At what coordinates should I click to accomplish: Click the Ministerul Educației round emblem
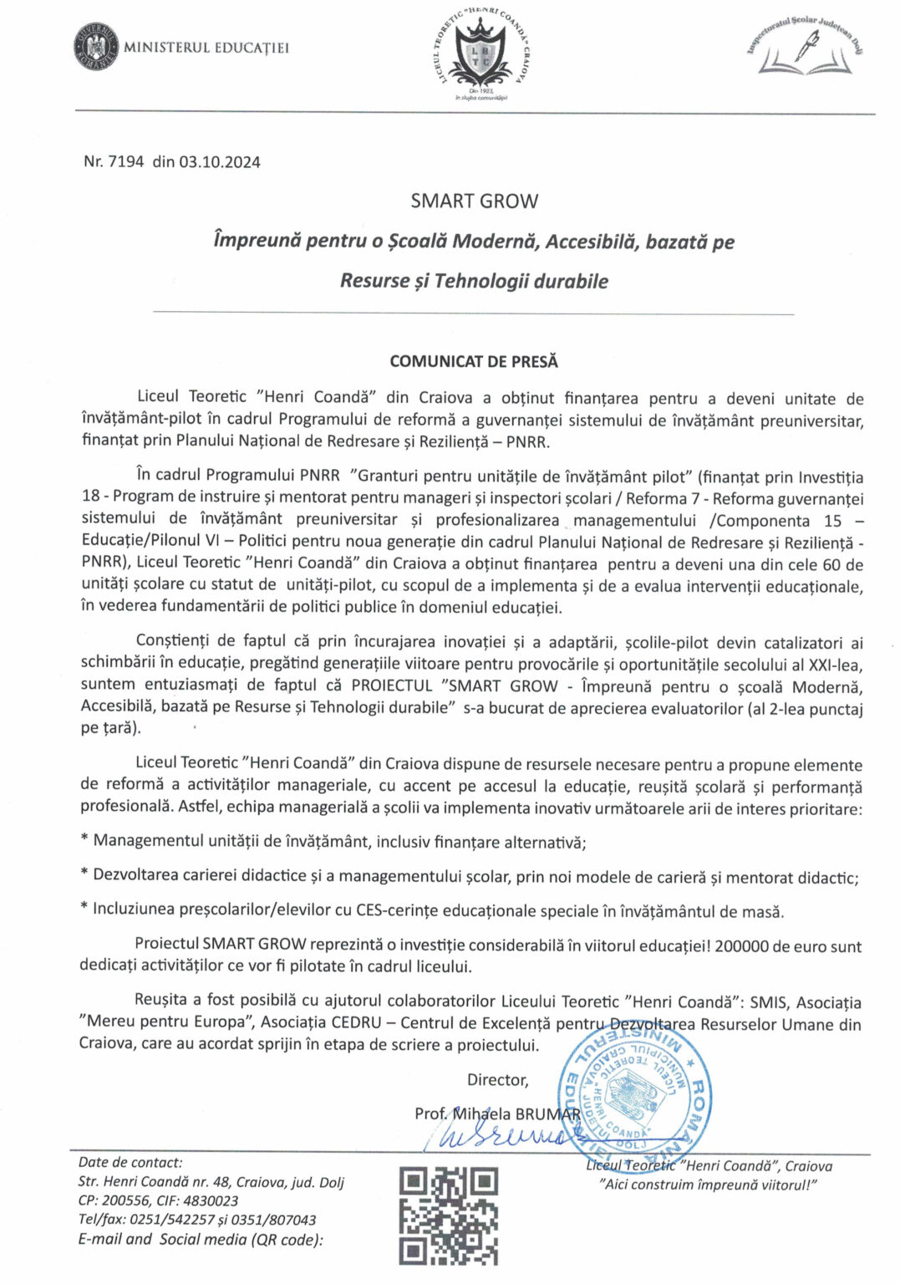[x=95, y=47]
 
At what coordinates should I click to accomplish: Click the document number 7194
[x=126, y=161]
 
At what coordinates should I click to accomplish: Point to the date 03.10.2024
[x=219, y=161]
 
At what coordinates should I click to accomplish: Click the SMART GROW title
[x=474, y=201]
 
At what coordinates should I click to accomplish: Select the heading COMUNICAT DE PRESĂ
[x=473, y=362]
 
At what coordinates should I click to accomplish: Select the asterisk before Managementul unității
[x=84, y=841]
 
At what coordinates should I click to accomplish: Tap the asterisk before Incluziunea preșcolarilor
[x=84, y=909]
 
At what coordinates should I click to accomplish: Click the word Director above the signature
[x=497, y=1080]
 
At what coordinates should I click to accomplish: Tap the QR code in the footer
[x=448, y=1215]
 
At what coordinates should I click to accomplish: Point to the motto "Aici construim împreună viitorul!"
[x=709, y=1185]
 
